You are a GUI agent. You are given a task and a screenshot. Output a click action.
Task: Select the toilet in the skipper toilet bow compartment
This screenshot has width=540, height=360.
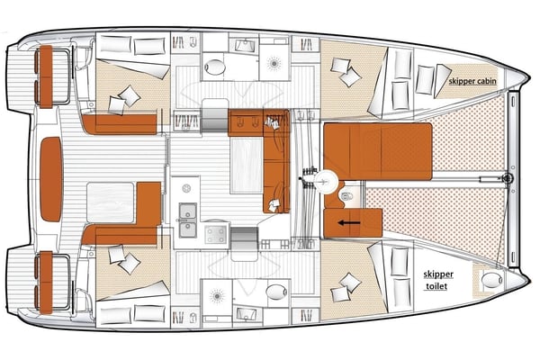[490, 282]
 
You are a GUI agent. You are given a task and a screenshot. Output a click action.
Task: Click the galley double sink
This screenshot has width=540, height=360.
[187, 213]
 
